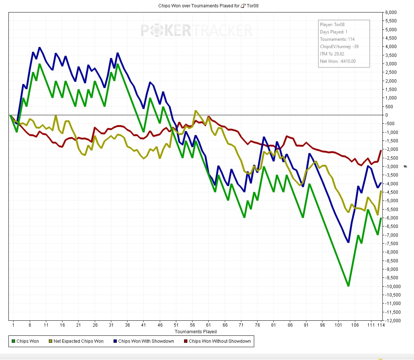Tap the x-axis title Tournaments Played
click(x=195, y=331)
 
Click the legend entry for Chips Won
click(x=27, y=341)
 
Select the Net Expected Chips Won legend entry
click(x=78, y=341)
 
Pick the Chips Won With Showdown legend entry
click(x=146, y=341)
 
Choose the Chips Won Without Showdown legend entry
click(x=220, y=341)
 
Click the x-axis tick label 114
click(x=381, y=325)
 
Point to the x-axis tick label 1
click(x=13, y=325)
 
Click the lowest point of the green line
click(x=348, y=286)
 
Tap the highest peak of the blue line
click(x=39, y=48)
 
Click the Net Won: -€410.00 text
click(x=338, y=61)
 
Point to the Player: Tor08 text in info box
click(x=332, y=25)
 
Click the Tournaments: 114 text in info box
click(x=337, y=39)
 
